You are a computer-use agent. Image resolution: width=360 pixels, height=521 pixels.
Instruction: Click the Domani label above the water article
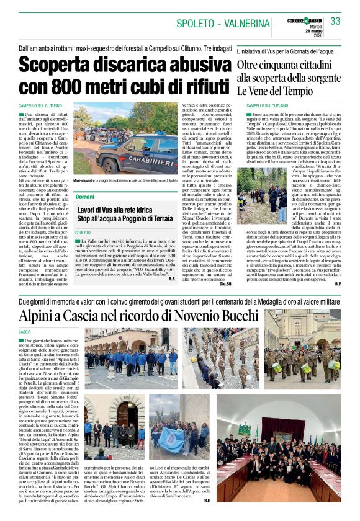84,196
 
